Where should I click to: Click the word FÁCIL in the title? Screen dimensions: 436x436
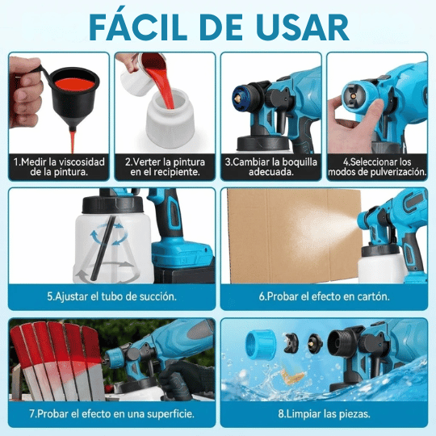pos(138,27)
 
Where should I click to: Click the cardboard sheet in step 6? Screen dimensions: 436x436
pos(294,236)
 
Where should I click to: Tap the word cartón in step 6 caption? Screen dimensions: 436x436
pos(374,296)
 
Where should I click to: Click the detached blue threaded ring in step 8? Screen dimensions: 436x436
pos(261,345)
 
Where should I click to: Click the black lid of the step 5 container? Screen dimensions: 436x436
pos(112,203)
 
